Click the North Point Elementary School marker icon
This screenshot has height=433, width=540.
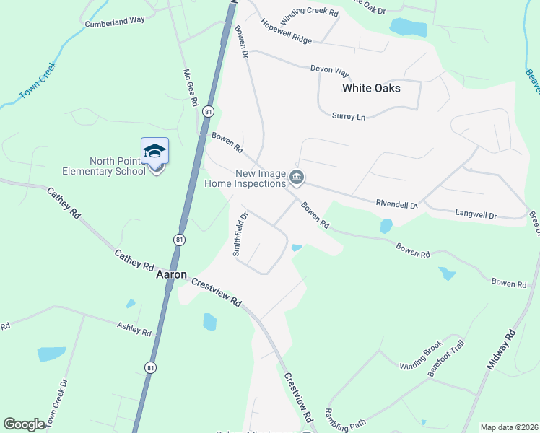coord(155,152)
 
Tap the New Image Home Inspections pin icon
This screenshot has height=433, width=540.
coord(296,178)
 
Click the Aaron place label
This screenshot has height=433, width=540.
coord(172,275)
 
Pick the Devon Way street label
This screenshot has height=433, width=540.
coord(329,70)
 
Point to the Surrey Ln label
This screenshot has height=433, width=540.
coord(350,115)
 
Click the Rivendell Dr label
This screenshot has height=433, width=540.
coord(396,204)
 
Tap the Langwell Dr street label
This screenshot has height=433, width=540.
coord(476,215)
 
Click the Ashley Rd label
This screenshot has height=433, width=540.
coord(134,328)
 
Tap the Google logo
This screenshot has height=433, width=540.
coord(24,424)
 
